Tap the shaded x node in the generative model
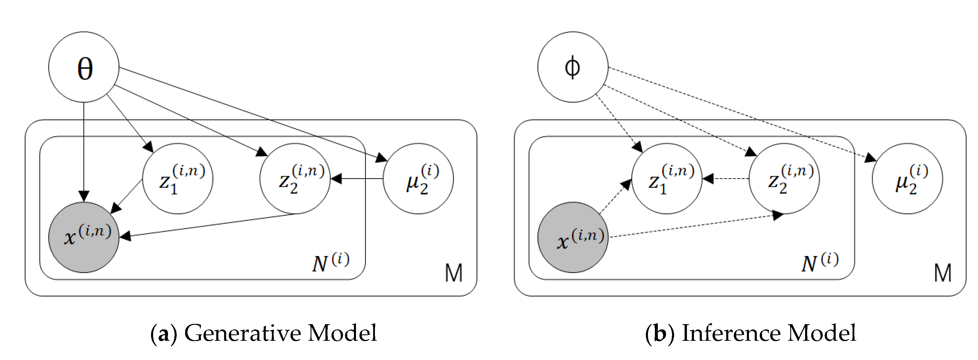coord(84,237)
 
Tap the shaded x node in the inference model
coord(573,237)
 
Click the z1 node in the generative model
coord(177,179)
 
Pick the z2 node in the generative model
coord(295,179)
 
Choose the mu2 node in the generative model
coord(418,179)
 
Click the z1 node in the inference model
coord(667,179)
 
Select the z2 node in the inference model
coord(784,179)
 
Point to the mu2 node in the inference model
coord(907,179)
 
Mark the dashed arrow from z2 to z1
coord(726,179)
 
